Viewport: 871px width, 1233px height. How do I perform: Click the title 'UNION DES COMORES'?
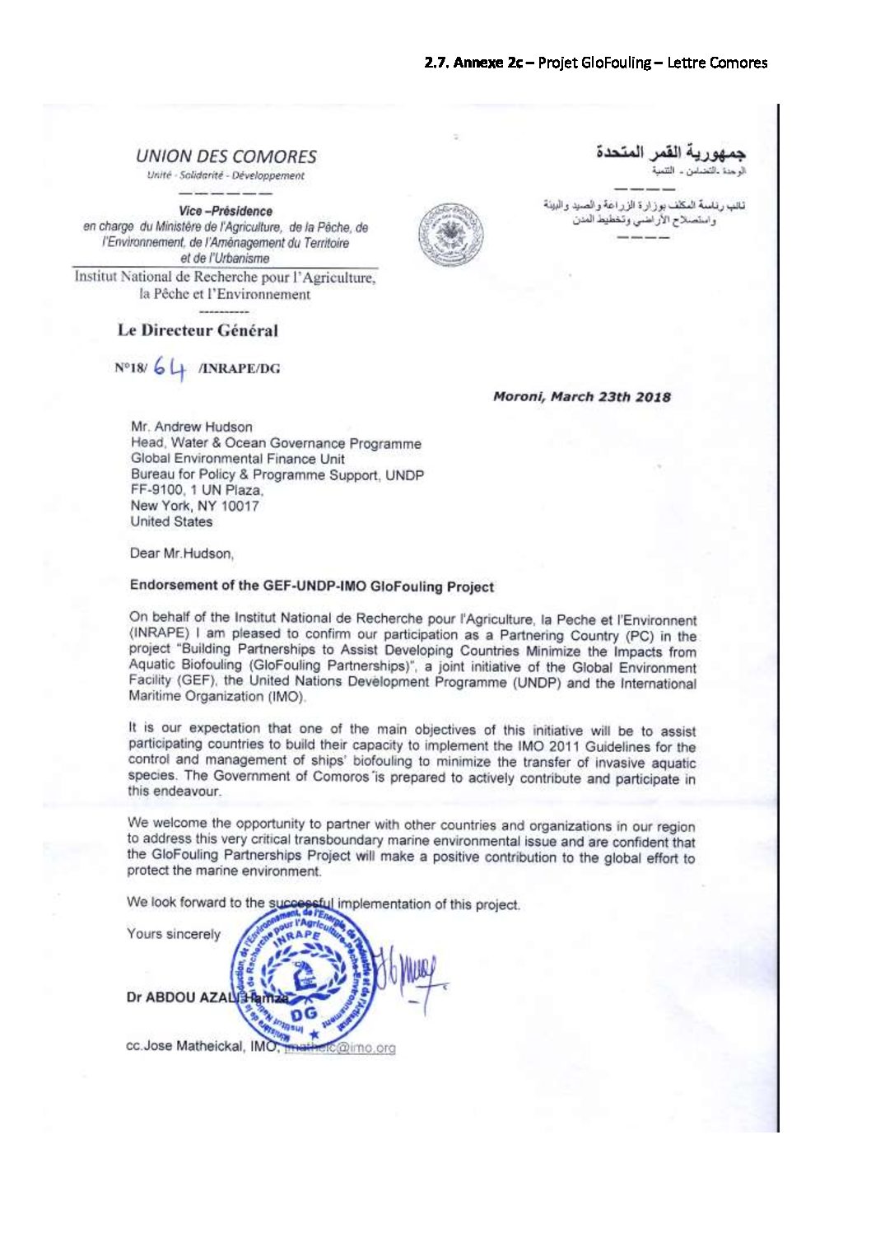[x=226, y=156]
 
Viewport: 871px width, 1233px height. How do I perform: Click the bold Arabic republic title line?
[x=671, y=153]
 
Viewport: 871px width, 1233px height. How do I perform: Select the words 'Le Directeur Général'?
[x=198, y=331]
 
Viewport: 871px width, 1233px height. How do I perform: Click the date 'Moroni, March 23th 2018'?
[x=581, y=397]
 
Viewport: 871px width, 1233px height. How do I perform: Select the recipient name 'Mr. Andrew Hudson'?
[x=191, y=427]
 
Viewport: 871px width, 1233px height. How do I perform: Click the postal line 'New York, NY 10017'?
[x=194, y=506]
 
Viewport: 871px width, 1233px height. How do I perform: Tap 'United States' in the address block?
[x=171, y=521]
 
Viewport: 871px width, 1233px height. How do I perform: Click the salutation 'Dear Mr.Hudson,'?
[x=182, y=553]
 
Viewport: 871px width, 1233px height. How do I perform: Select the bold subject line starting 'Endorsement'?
[x=311, y=586]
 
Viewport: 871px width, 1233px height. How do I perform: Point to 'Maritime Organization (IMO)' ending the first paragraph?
[x=217, y=696]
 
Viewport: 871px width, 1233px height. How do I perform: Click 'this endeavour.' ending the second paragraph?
[x=174, y=791]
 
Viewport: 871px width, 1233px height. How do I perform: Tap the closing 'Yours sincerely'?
[x=174, y=934]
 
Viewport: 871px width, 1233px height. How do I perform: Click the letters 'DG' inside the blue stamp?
[x=304, y=1015]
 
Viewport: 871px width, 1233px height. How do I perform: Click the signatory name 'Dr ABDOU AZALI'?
[x=182, y=997]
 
